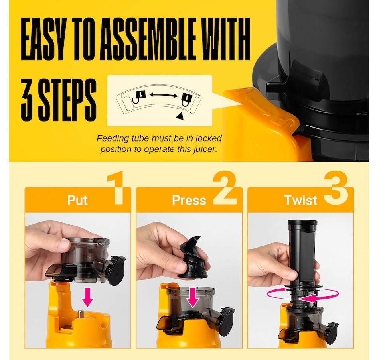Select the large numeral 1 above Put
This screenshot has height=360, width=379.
pos(116,188)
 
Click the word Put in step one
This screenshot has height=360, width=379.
pos(77,200)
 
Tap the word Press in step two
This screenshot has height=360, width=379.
pos(189,200)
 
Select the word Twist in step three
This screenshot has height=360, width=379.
pos(301,200)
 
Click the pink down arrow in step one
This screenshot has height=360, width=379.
pos(87,297)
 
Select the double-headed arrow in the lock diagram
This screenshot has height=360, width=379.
pos(164,95)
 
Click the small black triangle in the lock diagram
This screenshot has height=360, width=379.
pos(180,116)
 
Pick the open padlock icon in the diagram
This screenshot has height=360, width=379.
pos(139,97)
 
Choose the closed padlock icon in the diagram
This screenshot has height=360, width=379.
pos(187,100)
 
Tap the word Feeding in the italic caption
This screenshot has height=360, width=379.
pos(113,138)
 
